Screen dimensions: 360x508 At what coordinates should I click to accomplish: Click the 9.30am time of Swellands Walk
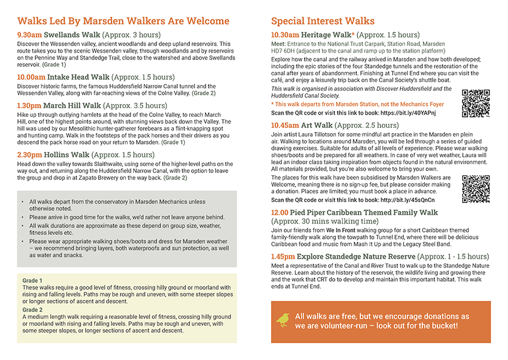coord(29,35)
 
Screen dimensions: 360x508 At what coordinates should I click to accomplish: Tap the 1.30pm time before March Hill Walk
coord(29,106)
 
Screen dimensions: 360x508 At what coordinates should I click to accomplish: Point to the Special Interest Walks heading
coord(323,21)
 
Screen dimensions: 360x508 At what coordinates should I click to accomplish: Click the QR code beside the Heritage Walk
coord(476,104)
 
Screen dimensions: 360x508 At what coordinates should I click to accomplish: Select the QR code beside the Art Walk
coord(476,189)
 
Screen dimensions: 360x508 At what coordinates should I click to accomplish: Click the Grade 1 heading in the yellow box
coord(32,281)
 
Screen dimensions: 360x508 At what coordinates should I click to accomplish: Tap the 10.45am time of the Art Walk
coord(285,125)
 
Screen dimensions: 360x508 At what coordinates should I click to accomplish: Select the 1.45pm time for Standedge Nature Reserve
coord(283,256)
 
